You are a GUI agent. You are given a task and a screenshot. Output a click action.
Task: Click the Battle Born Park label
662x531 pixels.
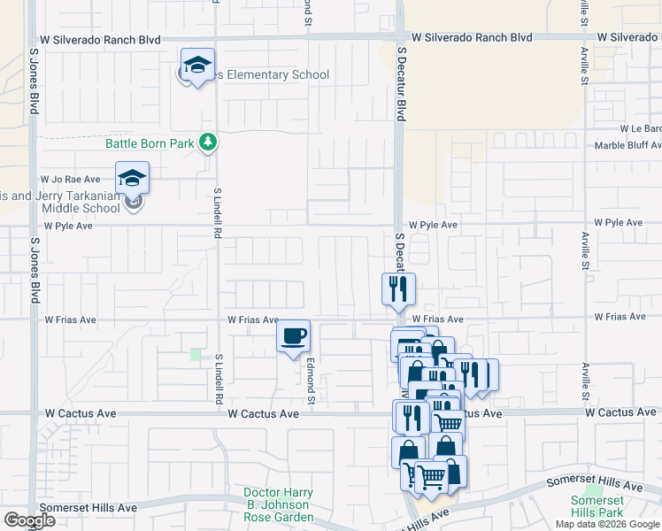150,142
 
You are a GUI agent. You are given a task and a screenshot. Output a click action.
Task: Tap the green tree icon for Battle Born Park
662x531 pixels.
207,142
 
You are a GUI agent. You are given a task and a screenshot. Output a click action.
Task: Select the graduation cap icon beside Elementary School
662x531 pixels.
198,65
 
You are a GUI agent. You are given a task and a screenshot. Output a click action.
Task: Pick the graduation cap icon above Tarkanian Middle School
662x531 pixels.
132,179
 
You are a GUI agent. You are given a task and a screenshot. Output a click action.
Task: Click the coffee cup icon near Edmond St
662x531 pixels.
294,336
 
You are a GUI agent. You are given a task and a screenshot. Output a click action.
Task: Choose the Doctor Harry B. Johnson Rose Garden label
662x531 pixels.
279,504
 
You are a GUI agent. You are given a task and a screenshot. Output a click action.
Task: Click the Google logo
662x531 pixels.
29,520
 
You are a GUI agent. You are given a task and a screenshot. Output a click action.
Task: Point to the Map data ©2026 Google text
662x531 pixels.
607,524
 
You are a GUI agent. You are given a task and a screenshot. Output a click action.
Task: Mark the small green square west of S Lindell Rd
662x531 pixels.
195,354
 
